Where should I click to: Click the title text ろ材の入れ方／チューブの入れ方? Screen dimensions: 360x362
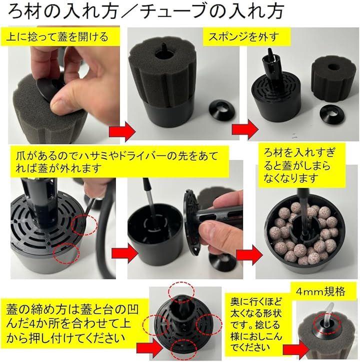(146, 12)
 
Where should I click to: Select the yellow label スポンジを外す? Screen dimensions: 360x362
(246, 37)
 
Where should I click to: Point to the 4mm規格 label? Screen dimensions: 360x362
(320, 291)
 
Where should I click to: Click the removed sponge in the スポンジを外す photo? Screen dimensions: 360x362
(331, 79)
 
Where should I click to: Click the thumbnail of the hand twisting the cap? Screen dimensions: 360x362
(64, 85)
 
